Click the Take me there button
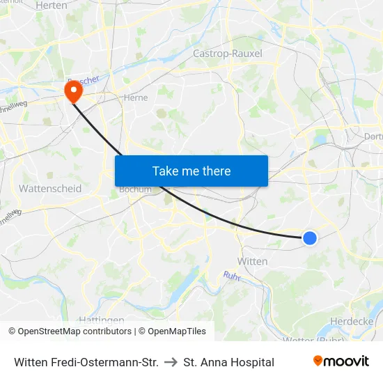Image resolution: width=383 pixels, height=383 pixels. tap(191, 171)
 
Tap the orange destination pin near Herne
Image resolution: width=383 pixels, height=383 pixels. tap(72, 91)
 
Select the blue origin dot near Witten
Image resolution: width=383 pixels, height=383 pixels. tap(310, 238)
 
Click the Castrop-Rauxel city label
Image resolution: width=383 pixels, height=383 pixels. tap(226, 53)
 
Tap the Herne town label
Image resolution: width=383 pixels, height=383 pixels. tap(135, 98)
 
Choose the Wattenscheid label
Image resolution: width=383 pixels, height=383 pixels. tap(50, 189)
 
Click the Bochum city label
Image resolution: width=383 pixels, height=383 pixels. tap(135, 189)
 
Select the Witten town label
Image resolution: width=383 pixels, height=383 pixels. tap(252, 261)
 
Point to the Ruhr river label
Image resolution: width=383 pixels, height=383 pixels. tap(232, 276)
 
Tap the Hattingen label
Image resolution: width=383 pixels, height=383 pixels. tap(102, 320)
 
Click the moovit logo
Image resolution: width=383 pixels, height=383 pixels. tap(341, 361)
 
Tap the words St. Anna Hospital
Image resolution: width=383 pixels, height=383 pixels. tap(229, 362)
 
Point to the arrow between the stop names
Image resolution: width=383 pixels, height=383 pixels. tap(171, 362)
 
